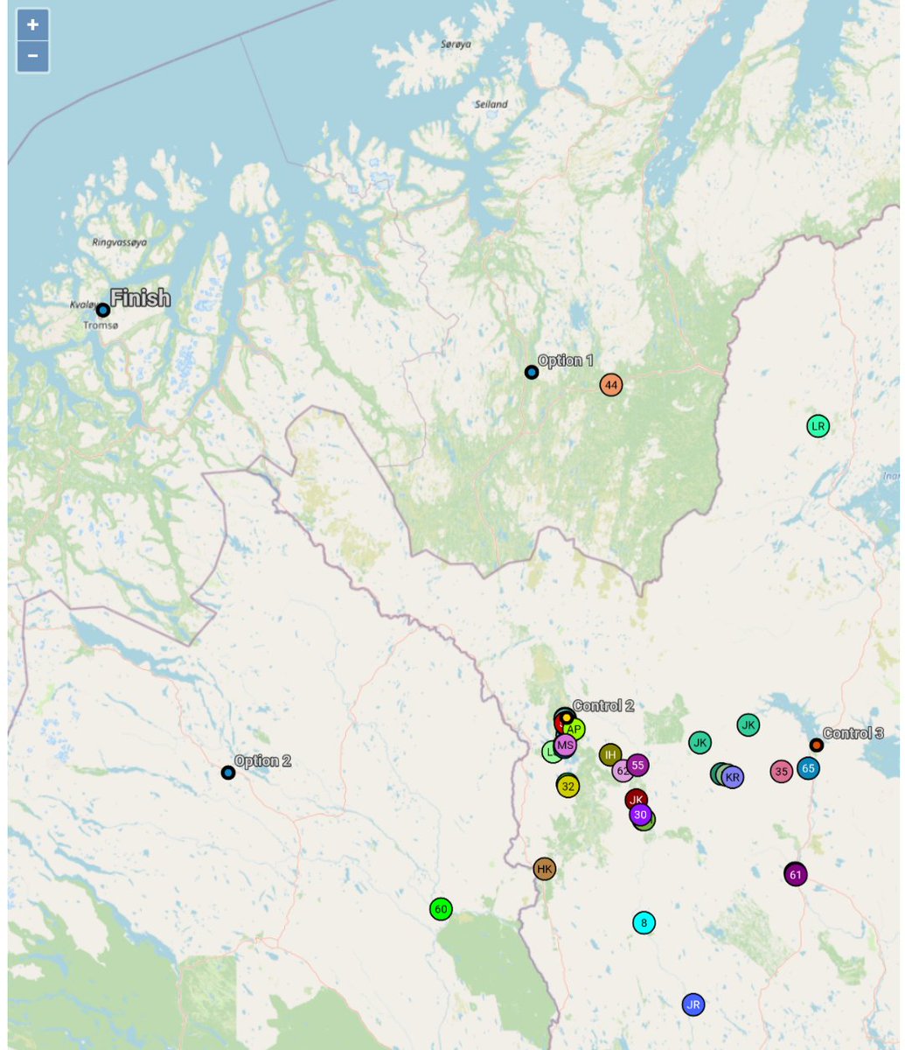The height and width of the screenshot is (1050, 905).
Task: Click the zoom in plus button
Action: click(32, 25)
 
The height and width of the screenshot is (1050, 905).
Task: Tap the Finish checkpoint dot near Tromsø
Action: click(103, 310)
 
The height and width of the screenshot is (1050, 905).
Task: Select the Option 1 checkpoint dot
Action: click(531, 372)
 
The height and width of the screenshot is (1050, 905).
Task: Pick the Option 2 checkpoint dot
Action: click(228, 773)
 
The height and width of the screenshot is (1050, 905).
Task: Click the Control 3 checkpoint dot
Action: click(816, 745)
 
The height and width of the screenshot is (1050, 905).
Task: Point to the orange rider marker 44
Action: click(611, 384)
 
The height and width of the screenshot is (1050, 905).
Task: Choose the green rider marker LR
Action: click(818, 427)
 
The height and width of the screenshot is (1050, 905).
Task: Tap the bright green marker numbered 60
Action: click(441, 909)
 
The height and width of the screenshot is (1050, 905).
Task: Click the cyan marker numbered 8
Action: click(644, 922)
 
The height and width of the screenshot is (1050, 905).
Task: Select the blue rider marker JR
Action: click(693, 1004)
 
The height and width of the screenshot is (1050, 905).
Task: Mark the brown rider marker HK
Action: click(545, 869)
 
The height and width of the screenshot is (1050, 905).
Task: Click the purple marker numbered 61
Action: click(796, 874)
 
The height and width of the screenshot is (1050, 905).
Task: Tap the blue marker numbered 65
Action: click(808, 768)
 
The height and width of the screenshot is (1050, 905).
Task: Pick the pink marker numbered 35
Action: click(782, 772)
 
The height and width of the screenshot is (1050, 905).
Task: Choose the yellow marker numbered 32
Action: click(568, 787)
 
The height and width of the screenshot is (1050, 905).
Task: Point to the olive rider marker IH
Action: click(610, 754)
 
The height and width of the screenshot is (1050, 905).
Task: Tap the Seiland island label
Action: click(491, 104)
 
